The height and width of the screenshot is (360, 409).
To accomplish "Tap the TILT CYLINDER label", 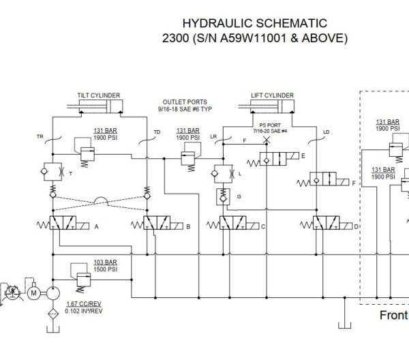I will (x=98, y=95).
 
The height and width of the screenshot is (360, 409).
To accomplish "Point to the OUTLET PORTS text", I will (x=179, y=102).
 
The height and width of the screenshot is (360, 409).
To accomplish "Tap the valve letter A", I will (x=97, y=226).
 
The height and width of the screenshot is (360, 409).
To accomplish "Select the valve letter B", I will (x=188, y=226).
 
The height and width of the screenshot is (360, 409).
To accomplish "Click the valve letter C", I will (x=262, y=226).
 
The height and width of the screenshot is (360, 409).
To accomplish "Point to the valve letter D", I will (x=356, y=226).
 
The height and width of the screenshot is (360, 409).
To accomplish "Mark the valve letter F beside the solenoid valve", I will (x=354, y=184).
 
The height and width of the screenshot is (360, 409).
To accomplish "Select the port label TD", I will (x=157, y=132).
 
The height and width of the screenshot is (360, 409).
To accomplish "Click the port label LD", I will (x=326, y=132).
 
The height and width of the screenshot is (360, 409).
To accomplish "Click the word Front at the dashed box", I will (x=393, y=316).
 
